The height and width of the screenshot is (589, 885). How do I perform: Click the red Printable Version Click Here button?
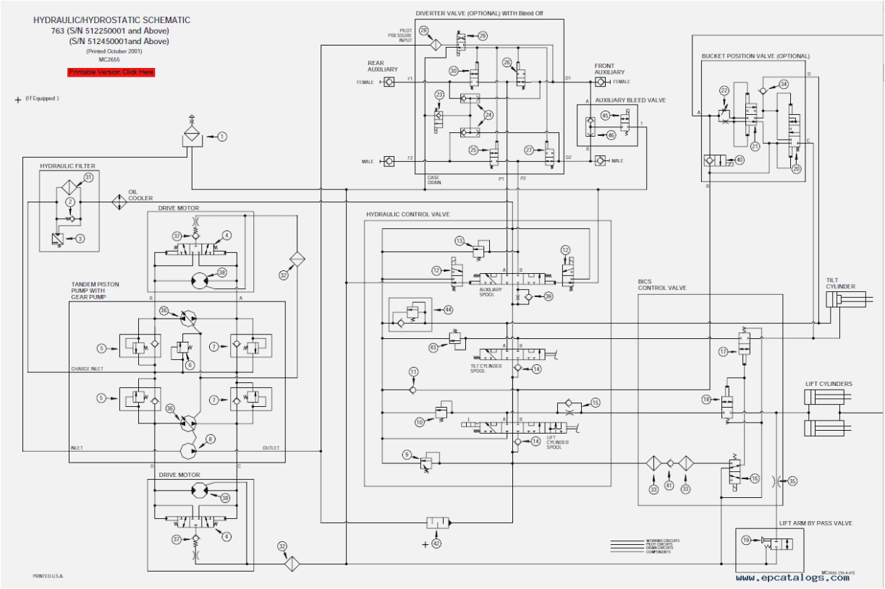pos(111,72)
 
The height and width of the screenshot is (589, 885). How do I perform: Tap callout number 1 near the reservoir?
pos(222,136)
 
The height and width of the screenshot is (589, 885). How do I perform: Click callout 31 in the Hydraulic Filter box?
pos(88,177)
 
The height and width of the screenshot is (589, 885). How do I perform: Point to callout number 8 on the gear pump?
pos(210,439)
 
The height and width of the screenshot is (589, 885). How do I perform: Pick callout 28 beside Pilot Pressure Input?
pos(424,30)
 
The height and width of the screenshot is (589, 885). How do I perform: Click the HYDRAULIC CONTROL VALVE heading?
pos(408,215)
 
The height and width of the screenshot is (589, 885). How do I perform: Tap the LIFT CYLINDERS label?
pos(829,384)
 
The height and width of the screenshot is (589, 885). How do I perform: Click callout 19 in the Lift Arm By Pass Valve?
pos(746,539)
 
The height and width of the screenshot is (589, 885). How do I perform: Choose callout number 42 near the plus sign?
pos(436,543)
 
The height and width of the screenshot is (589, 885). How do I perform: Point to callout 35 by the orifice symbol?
pos(792,481)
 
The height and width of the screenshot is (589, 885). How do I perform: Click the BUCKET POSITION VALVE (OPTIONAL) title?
pos(755,56)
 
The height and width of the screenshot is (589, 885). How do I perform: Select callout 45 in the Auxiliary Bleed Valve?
pos(606,116)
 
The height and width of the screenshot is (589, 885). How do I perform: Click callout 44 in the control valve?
pos(448,309)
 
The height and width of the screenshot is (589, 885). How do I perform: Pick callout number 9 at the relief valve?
pos(406,455)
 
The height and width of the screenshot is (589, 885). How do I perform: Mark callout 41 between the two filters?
pos(669,486)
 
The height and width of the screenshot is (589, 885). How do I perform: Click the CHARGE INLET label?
pos(88,369)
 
